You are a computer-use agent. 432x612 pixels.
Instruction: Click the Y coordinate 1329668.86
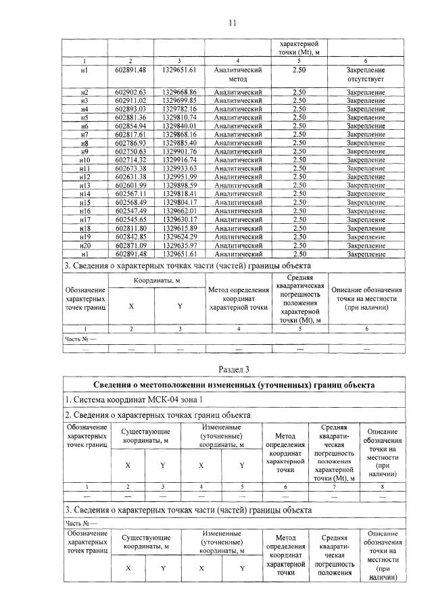tap(179, 92)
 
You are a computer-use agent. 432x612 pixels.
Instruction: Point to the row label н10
tap(85, 160)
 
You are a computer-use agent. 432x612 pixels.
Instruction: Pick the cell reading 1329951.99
tap(179, 177)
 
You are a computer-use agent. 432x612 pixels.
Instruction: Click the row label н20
tap(85, 245)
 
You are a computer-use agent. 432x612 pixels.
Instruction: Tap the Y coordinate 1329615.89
tap(179, 229)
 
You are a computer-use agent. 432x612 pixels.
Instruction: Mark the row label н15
tap(85, 202)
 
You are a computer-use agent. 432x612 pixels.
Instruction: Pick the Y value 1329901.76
tap(179, 151)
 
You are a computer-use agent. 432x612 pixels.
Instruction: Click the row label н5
tap(85, 117)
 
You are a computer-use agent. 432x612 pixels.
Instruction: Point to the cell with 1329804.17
tap(179, 202)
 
